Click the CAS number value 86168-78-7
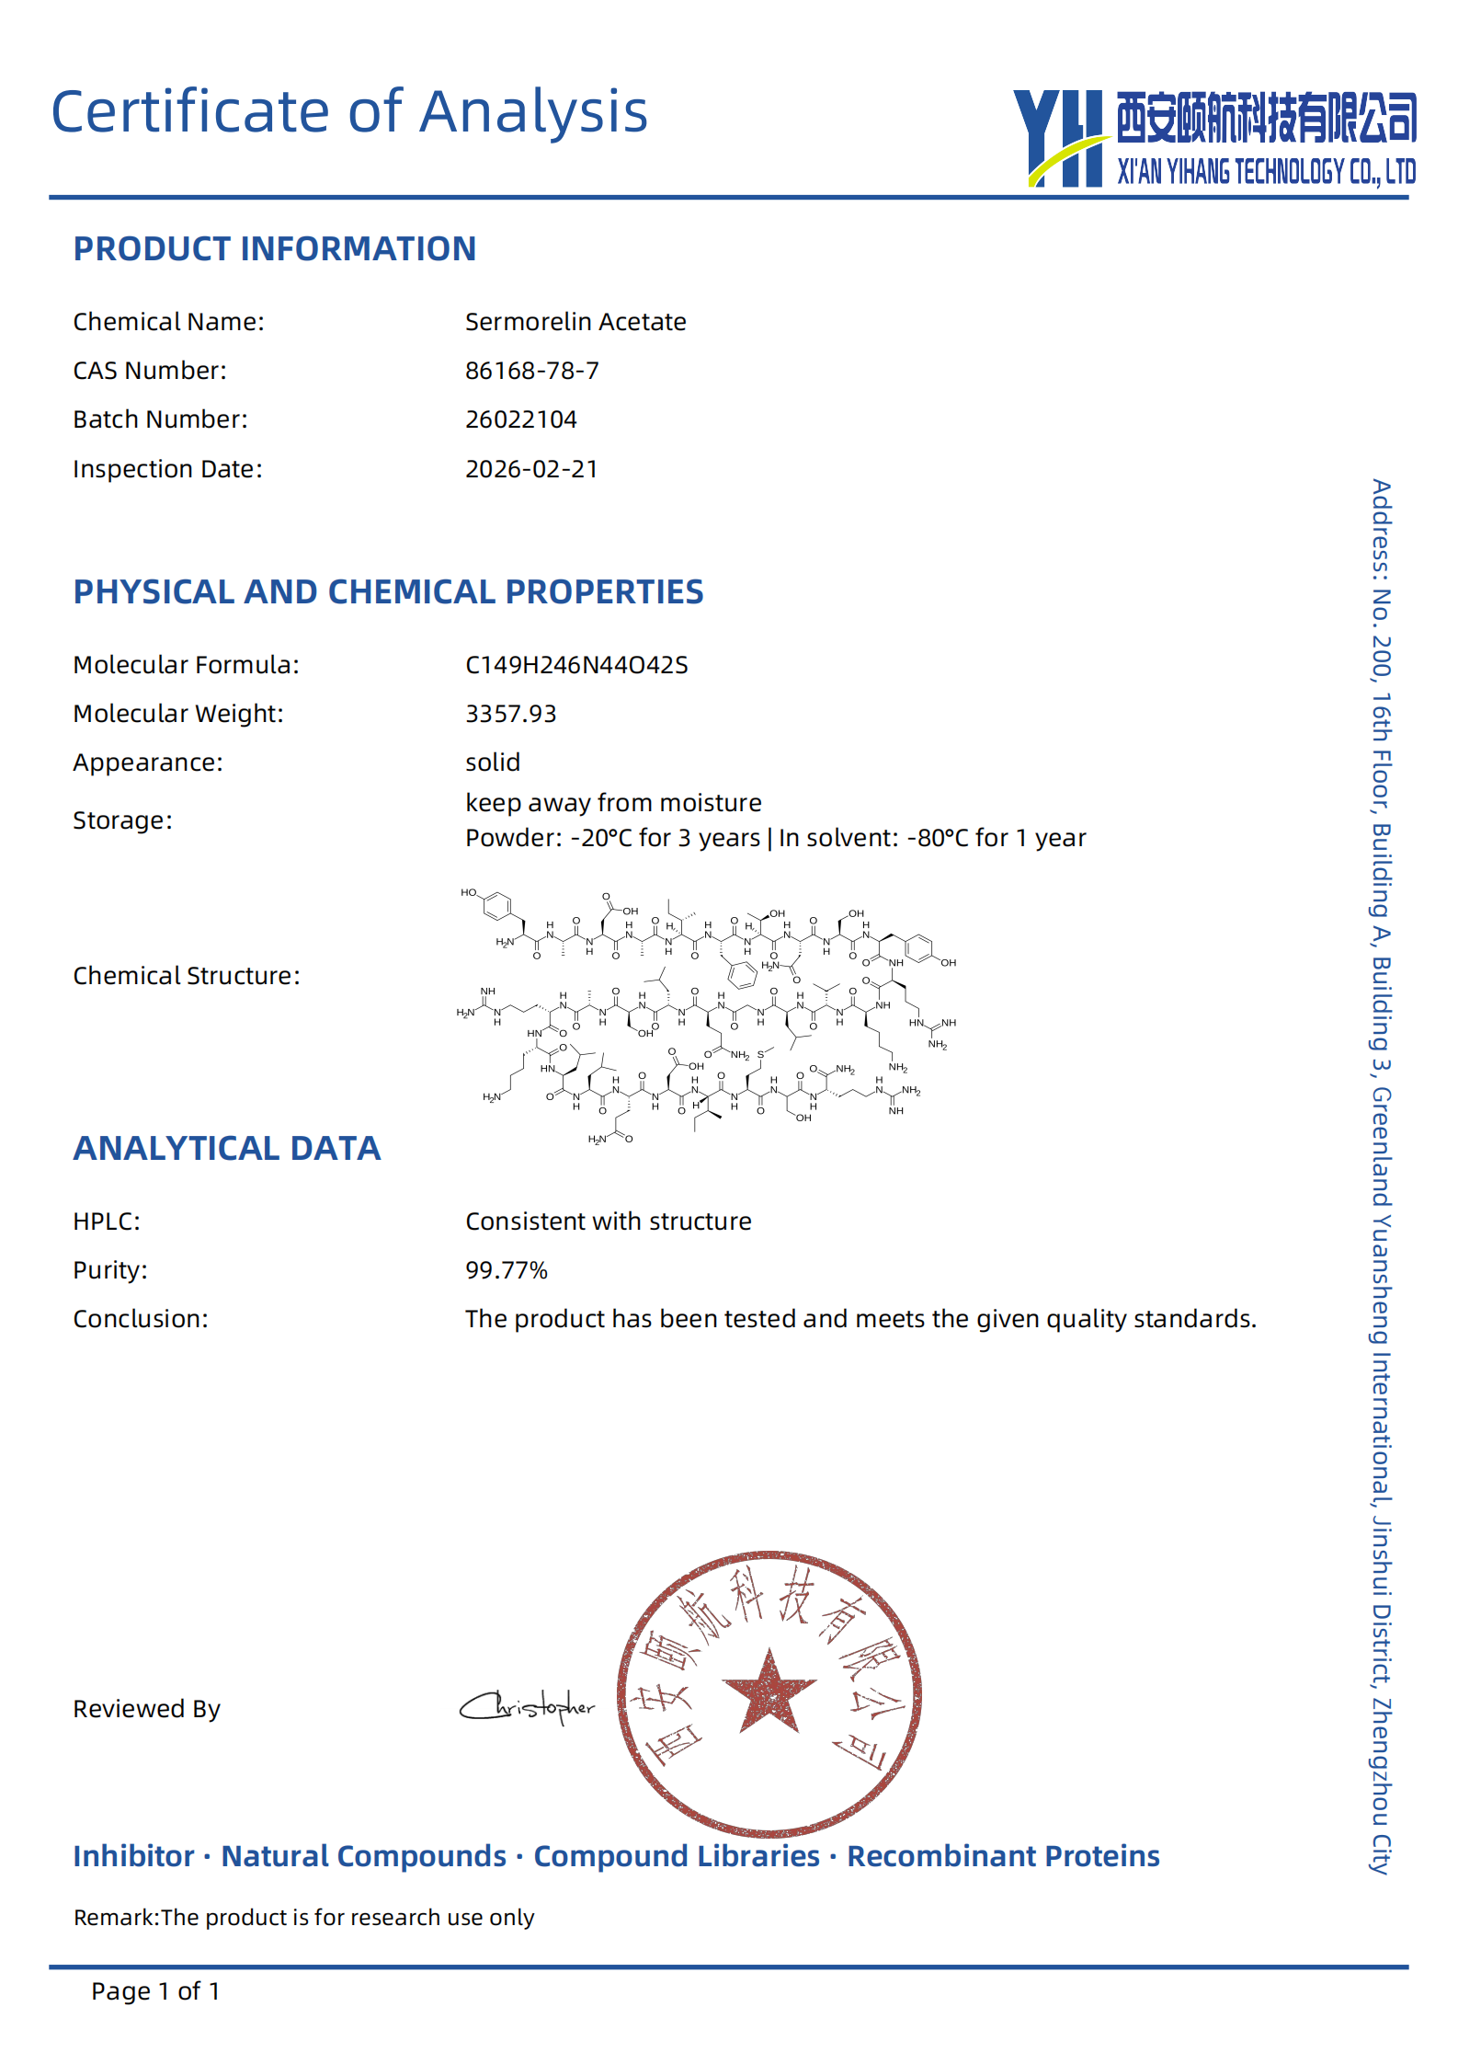tap(531, 371)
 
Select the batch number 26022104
tap(520, 419)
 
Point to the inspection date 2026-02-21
tap(531, 469)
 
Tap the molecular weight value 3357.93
tap(510, 714)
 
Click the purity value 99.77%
tap(506, 1270)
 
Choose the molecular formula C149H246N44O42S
tap(576, 665)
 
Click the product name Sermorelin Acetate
tap(575, 322)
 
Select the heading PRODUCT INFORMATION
tap(274, 249)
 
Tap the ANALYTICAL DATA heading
tap(226, 1148)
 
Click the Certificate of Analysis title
tap(349, 111)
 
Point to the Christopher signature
tap(528, 1707)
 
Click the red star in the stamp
tap(769, 1691)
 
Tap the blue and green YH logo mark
tap(1060, 138)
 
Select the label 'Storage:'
tap(122, 820)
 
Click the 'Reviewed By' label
tap(146, 1709)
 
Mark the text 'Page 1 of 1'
tap(155, 1991)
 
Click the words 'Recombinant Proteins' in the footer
tap(1003, 1856)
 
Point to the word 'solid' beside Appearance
tap(493, 763)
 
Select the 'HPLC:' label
tap(107, 1221)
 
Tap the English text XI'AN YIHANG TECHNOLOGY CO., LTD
tap(1266, 172)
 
